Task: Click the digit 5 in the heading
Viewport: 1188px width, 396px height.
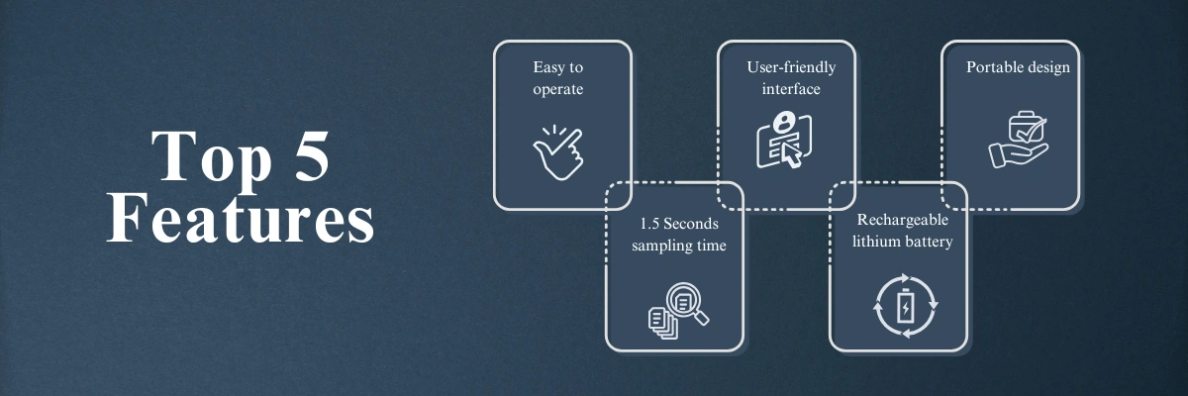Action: click(x=311, y=156)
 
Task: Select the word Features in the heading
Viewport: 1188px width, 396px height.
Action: click(x=241, y=219)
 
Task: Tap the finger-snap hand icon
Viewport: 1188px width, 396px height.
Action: click(x=558, y=152)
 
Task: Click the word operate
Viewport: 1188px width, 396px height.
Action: click(x=558, y=89)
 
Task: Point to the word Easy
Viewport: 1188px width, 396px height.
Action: click(x=548, y=68)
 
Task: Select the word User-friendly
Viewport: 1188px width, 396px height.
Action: click(x=791, y=68)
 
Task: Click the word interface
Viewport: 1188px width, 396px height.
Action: click(x=791, y=89)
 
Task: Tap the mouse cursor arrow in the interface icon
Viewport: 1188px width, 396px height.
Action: click(x=792, y=155)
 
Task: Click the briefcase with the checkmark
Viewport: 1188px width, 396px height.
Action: click(x=1027, y=128)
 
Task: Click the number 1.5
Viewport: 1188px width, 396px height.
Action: click(x=649, y=224)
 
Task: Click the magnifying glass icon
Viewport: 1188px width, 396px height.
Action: click(x=687, y=303)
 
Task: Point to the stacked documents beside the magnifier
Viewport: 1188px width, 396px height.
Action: click(x=662, y=323)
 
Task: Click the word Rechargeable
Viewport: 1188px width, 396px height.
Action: click(x=902, y=220)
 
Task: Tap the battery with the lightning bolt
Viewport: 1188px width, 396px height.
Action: click(x=905, y=306)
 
